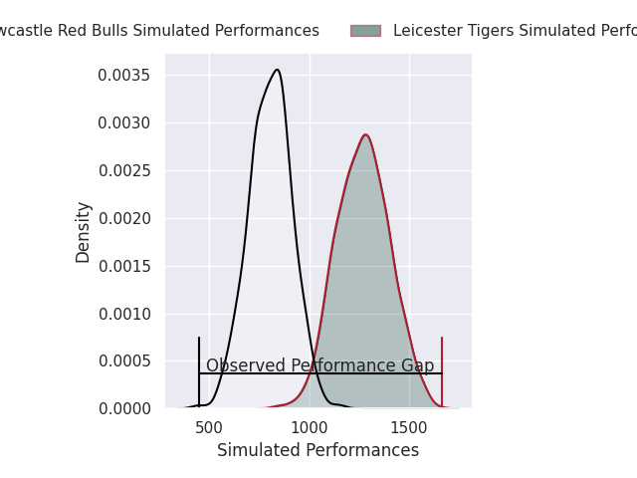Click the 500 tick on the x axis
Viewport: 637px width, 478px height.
tap(209, 427)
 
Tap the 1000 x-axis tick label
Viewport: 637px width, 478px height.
tap(310, 427)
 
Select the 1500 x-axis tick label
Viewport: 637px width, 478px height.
tap(409, 427)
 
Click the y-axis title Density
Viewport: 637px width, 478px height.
tap(84, 232)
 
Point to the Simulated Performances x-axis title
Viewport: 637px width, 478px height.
tap(318, 451)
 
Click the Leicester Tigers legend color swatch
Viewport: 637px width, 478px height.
tap(365, 31)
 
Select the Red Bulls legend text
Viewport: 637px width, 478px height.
tap(159, 31)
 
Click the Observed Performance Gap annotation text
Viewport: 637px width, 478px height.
tap(319, 365)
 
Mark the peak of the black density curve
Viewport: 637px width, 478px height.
tap(278, 70)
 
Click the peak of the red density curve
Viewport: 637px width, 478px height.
tap(365, 134)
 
